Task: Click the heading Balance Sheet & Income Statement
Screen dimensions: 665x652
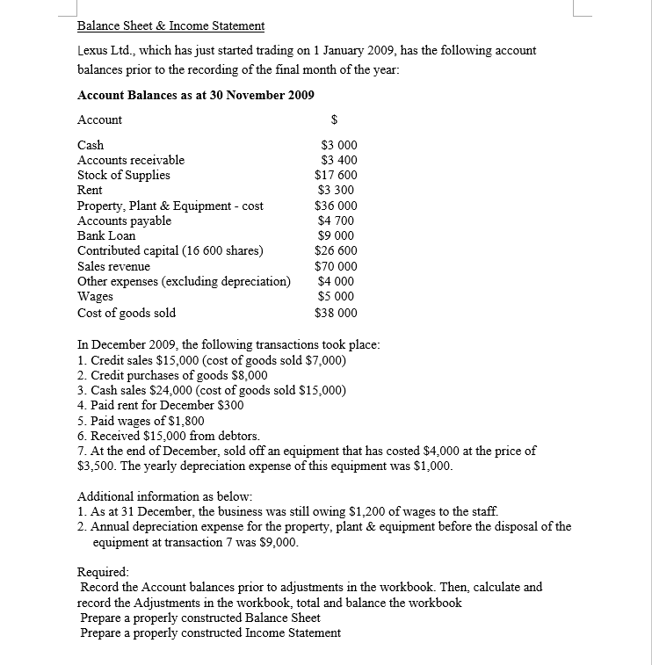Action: point(170,25)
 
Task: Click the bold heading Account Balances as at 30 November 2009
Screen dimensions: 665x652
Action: point(195,95)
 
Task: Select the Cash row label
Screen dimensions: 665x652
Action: point(91,145)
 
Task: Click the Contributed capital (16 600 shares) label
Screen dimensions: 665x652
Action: point(170,250)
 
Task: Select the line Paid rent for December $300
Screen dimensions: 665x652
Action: point(161,405)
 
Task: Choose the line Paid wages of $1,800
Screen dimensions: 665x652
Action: point(141,421)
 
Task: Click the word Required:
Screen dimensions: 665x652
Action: point(103,571)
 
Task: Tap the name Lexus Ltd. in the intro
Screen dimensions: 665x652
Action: point(105,51)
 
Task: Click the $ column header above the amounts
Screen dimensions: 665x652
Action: point(334,119)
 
